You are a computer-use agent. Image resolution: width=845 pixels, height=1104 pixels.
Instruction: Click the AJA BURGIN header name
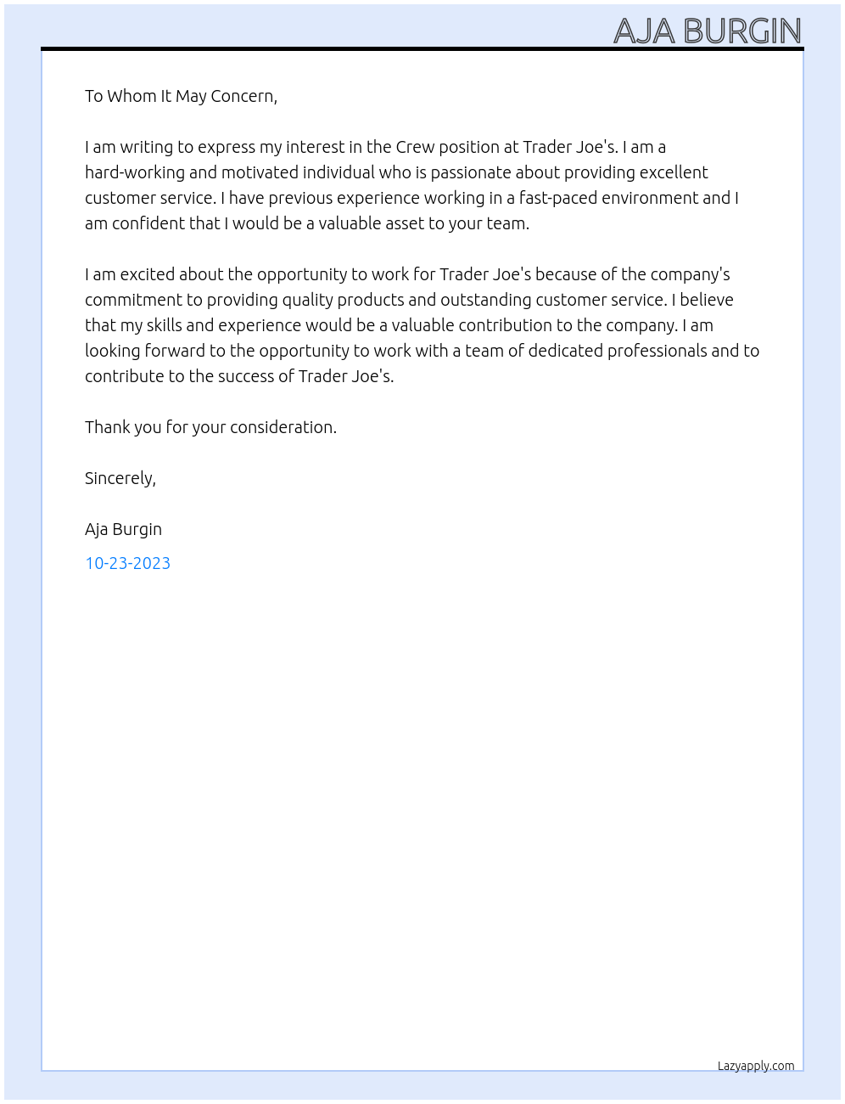tap(707, 31)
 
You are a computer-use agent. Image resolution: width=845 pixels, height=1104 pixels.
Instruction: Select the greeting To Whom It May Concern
tap(181, 96)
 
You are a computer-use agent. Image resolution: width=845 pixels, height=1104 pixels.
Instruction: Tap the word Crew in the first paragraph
tap(415, 147)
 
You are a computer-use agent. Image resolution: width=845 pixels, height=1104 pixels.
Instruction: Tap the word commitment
tap(132, 300)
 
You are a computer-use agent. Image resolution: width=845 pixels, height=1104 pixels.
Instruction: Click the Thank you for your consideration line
tap(210, 427)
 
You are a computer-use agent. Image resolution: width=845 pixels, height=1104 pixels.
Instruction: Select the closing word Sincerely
tap(120, 478)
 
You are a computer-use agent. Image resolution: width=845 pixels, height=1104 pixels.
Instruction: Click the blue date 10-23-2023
tap(127, 563)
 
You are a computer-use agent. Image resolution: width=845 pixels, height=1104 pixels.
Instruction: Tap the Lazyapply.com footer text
tap(756, 1066)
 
